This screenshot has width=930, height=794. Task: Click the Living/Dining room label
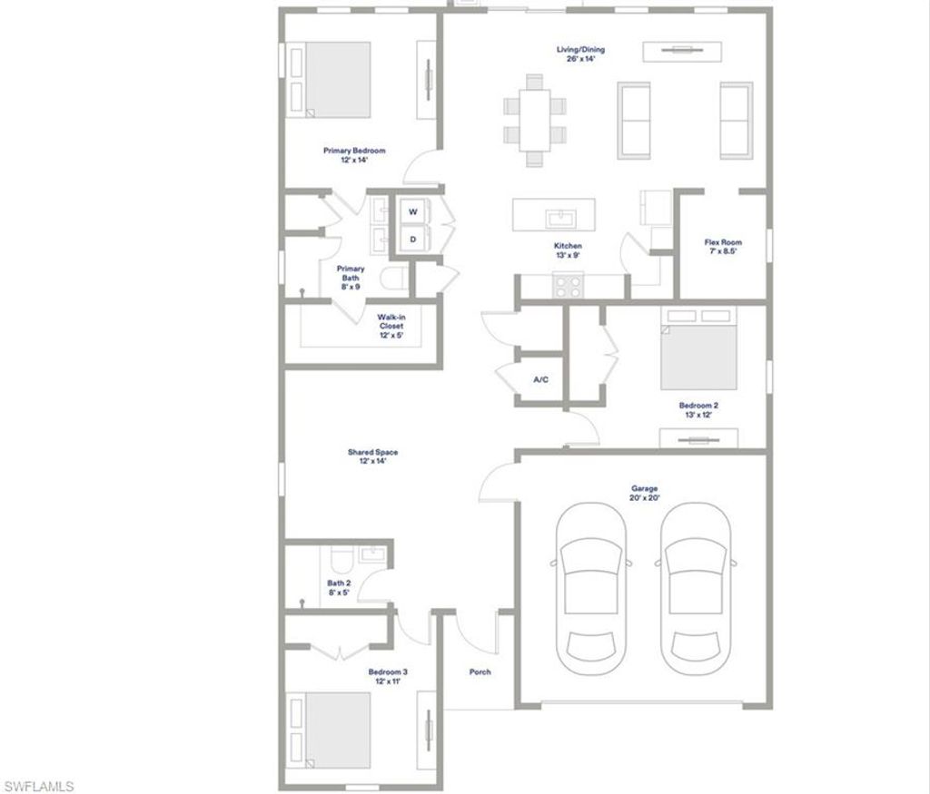(x=580, y=54)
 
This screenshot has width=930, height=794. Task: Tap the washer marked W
(x=412, y=211)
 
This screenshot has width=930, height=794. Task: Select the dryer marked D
(x=412, y=240)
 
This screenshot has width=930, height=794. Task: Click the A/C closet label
(x=540, y=379)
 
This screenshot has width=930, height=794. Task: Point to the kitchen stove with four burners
(x=569, y=285)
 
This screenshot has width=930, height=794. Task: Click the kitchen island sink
(x=555, y=218)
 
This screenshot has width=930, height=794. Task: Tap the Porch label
(x=480, y=672)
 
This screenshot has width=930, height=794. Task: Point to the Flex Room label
(x=723, y=247)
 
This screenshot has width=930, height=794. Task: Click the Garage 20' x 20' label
(x=644, y=493)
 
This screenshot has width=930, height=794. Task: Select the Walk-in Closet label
(x=391, y=326)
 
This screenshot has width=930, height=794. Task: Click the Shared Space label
(x=372, y=456)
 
